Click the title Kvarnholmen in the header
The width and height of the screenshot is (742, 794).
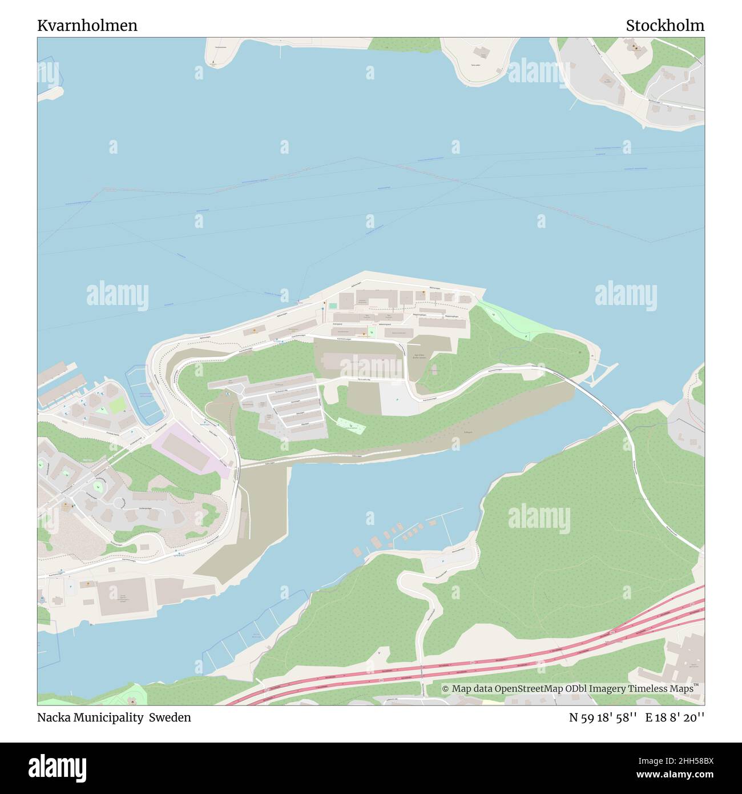(87, 26)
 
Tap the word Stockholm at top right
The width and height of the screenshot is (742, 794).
(664, 26)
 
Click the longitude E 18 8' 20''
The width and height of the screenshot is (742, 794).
(675, 717)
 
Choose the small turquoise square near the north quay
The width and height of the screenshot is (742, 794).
(332, 306)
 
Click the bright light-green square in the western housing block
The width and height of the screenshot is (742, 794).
(118, 406)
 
